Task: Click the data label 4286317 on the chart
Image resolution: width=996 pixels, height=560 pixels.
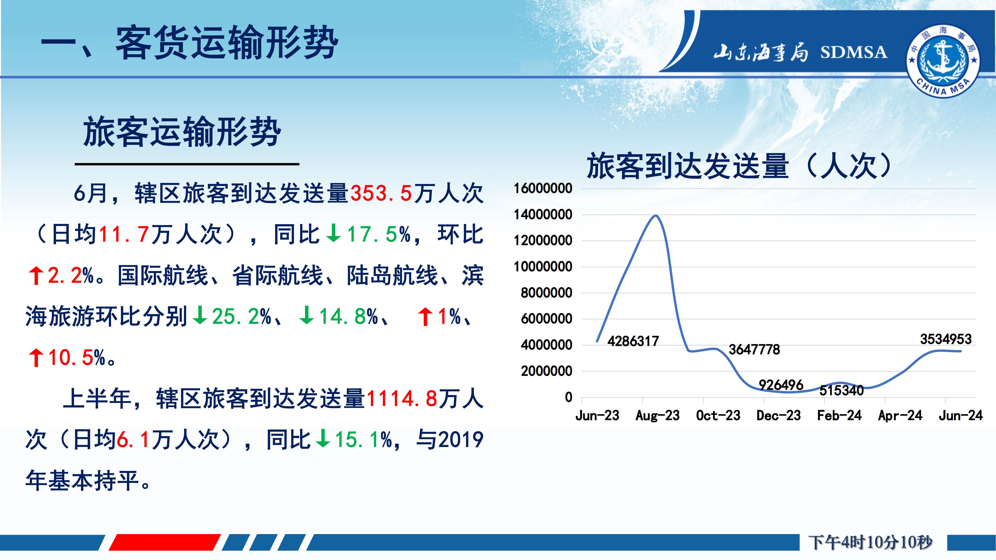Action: pos(633,341)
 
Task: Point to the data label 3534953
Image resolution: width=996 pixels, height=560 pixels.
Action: pos(946,339)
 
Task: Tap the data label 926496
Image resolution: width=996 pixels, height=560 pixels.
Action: pos(781,385)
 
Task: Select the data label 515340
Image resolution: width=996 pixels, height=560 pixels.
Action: pos(842,390)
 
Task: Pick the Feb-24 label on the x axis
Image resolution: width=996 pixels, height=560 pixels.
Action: pos(839,415)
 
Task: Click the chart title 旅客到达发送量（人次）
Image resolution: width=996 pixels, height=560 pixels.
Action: pos(741,166)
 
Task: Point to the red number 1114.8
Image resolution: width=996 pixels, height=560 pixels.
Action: pos(402,398)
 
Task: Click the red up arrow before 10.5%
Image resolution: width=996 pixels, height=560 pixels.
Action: pos(36,357)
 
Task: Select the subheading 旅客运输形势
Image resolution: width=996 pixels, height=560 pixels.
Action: pos(182,132)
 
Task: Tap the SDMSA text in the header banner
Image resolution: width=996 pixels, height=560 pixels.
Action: pos(854,52)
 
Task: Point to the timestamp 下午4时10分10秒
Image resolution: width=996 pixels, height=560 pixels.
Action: pos(870,542)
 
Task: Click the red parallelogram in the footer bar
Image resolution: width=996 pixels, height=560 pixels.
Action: pos(165,542)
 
